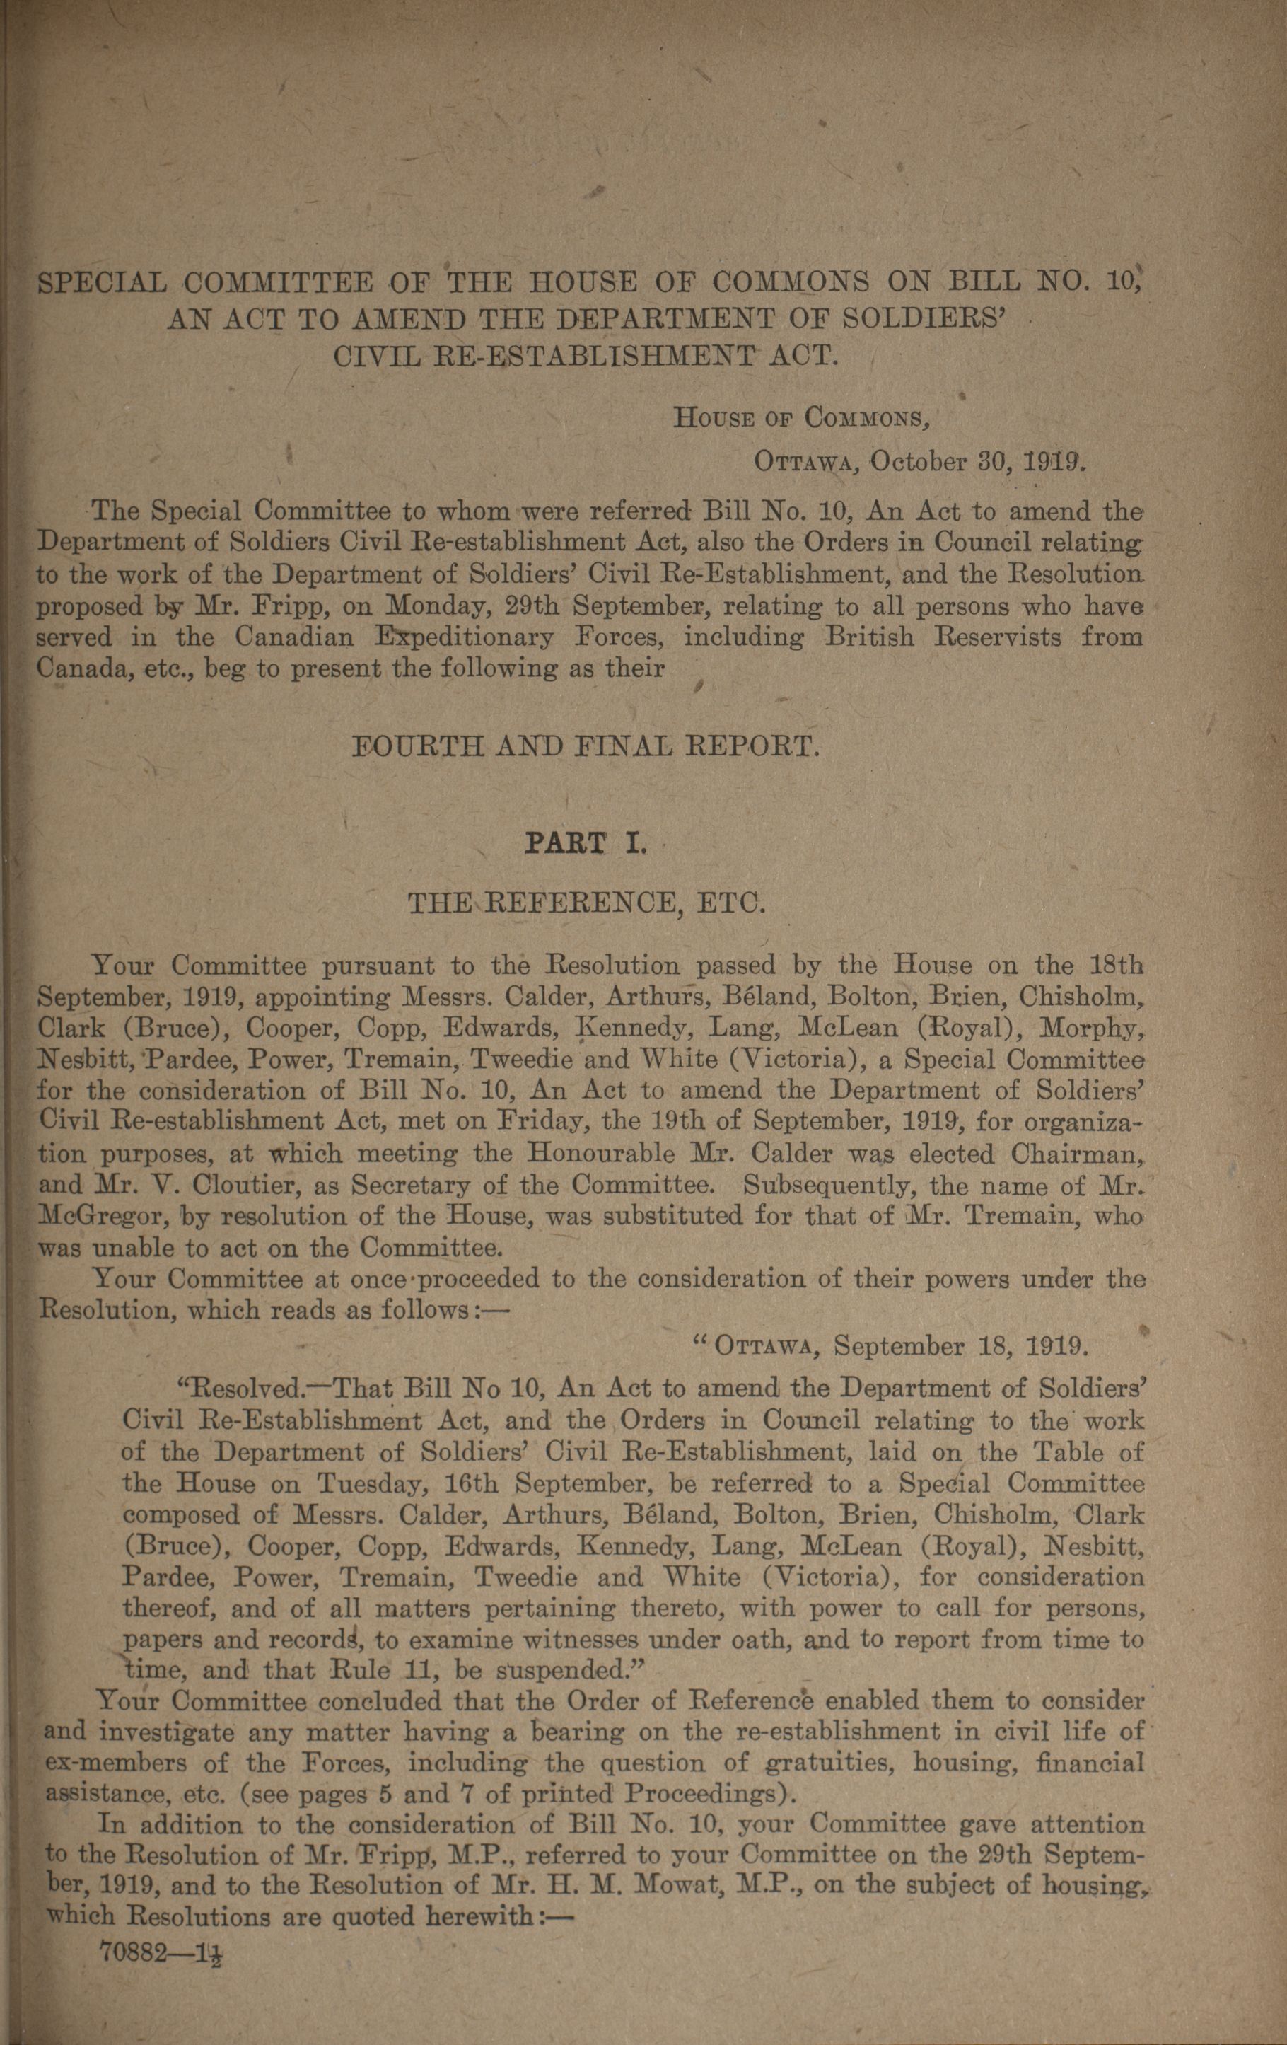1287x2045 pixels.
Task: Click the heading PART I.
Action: [x=585, y=844]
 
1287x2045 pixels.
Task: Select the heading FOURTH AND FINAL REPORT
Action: [x=586, y=748]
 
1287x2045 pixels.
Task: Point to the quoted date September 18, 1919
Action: [x=957, y=1346]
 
